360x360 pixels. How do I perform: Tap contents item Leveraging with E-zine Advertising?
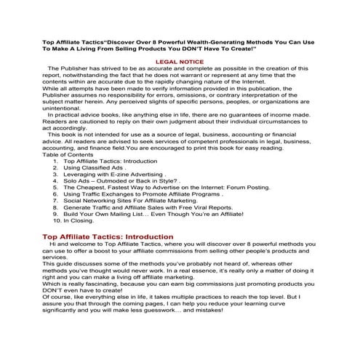click(x=116, y=194)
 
